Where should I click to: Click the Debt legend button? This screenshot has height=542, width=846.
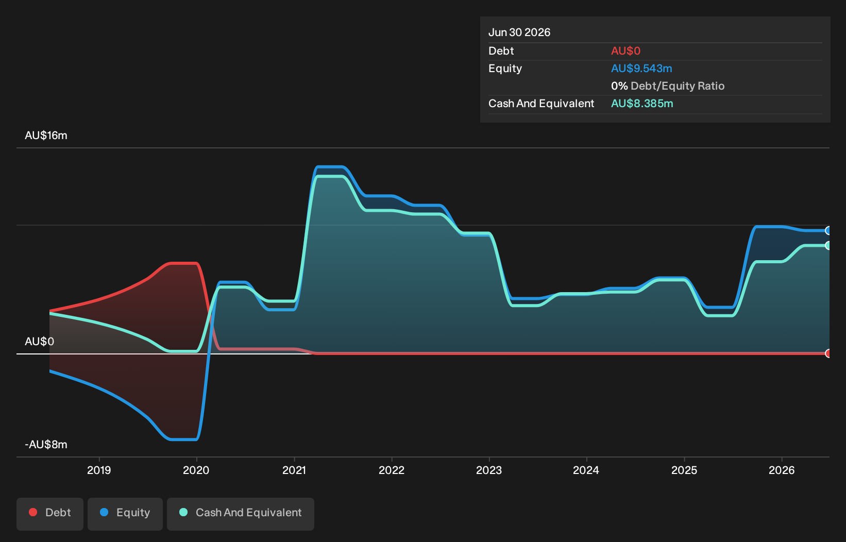50,514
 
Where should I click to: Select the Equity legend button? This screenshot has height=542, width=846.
125,514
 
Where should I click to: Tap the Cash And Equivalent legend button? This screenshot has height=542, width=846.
241,514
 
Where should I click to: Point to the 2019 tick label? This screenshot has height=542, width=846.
99,470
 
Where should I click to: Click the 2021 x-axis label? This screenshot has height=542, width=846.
294,470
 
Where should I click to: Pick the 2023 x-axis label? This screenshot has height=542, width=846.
489,470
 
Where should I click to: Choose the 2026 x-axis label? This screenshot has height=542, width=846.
782,470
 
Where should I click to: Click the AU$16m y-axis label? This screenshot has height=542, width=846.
46,135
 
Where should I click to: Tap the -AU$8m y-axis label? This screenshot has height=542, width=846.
46,445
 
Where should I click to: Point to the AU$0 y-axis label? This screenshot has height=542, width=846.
39,342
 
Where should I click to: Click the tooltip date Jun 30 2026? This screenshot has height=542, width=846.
519,32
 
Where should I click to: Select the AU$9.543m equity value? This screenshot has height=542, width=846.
641,69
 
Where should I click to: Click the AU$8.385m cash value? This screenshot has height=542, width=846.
642,104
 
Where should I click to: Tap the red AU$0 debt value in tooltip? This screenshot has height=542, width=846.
626,51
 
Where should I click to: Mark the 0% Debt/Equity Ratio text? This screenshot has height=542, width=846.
668,86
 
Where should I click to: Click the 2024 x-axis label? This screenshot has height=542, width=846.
586,470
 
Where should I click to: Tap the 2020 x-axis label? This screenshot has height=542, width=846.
196,470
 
